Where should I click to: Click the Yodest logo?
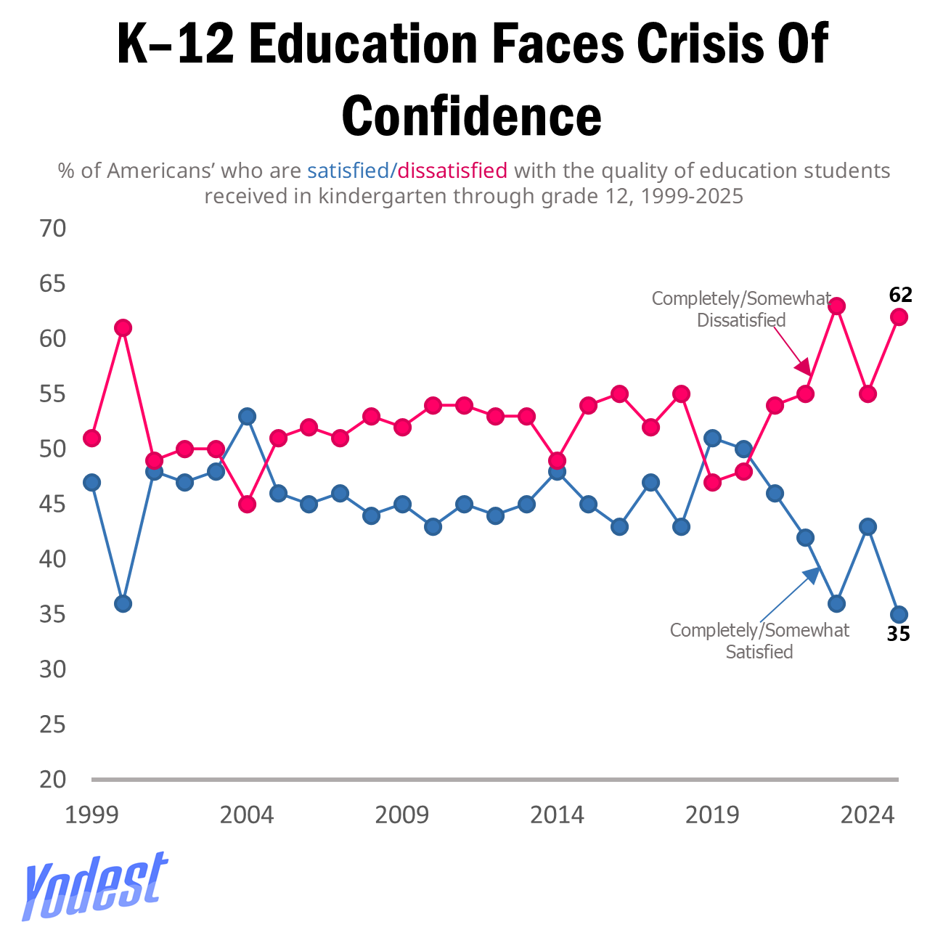point(94,886)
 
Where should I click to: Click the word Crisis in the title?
point(696,44)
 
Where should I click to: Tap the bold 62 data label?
point(900,295)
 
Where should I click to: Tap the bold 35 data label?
point(898,634)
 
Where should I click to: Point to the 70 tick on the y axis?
point(52,229)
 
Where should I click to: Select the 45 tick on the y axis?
point(52,504)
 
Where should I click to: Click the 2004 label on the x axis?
point(247,815)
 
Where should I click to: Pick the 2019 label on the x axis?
point(712,815)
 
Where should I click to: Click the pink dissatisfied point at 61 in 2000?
point(123,328)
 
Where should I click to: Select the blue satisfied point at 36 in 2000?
point(123,603)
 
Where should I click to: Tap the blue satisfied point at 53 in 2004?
point(247,416)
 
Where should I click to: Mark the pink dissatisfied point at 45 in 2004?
point(247,505)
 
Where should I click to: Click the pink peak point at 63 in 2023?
point(836,306)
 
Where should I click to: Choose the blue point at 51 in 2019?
point(712,438)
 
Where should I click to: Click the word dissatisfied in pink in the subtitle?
point(452,171)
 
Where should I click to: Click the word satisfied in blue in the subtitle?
point(348,171)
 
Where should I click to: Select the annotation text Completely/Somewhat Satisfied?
point(759,640)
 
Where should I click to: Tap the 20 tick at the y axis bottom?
point(52,780)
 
